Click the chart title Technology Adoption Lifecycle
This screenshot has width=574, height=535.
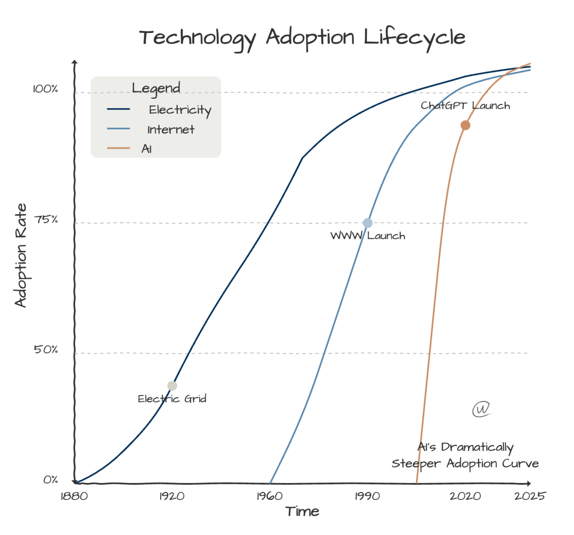(x=302, y=38)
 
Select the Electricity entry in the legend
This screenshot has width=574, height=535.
(x=179, y=110)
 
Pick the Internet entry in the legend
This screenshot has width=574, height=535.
(x=171, y=129)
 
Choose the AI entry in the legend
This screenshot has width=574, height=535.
(x=147, y=149)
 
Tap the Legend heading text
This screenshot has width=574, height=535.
(x=156, y=88)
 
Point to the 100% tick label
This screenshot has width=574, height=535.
(x=45, y=89)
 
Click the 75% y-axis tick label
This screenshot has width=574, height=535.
(x=47, y=220)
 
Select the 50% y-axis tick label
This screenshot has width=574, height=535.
(x=46, y=350)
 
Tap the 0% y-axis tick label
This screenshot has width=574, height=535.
(x=51, y=480)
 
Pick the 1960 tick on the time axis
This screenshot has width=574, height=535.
(x=270, y=496)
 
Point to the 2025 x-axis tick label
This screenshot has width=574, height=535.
(x=530, y=496)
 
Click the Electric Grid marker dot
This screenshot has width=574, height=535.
(x=172, y=386)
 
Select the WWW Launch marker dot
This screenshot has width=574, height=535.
(x=367, y=223)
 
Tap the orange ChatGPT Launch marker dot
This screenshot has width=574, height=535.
(x=465, y=125)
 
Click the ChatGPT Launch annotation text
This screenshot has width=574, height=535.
(x=465, y=106)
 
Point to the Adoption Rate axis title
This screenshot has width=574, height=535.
(x=21, y=256)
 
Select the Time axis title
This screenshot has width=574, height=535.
(x=302, y=511)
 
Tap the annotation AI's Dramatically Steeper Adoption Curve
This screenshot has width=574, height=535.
(x=465, y=455)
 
